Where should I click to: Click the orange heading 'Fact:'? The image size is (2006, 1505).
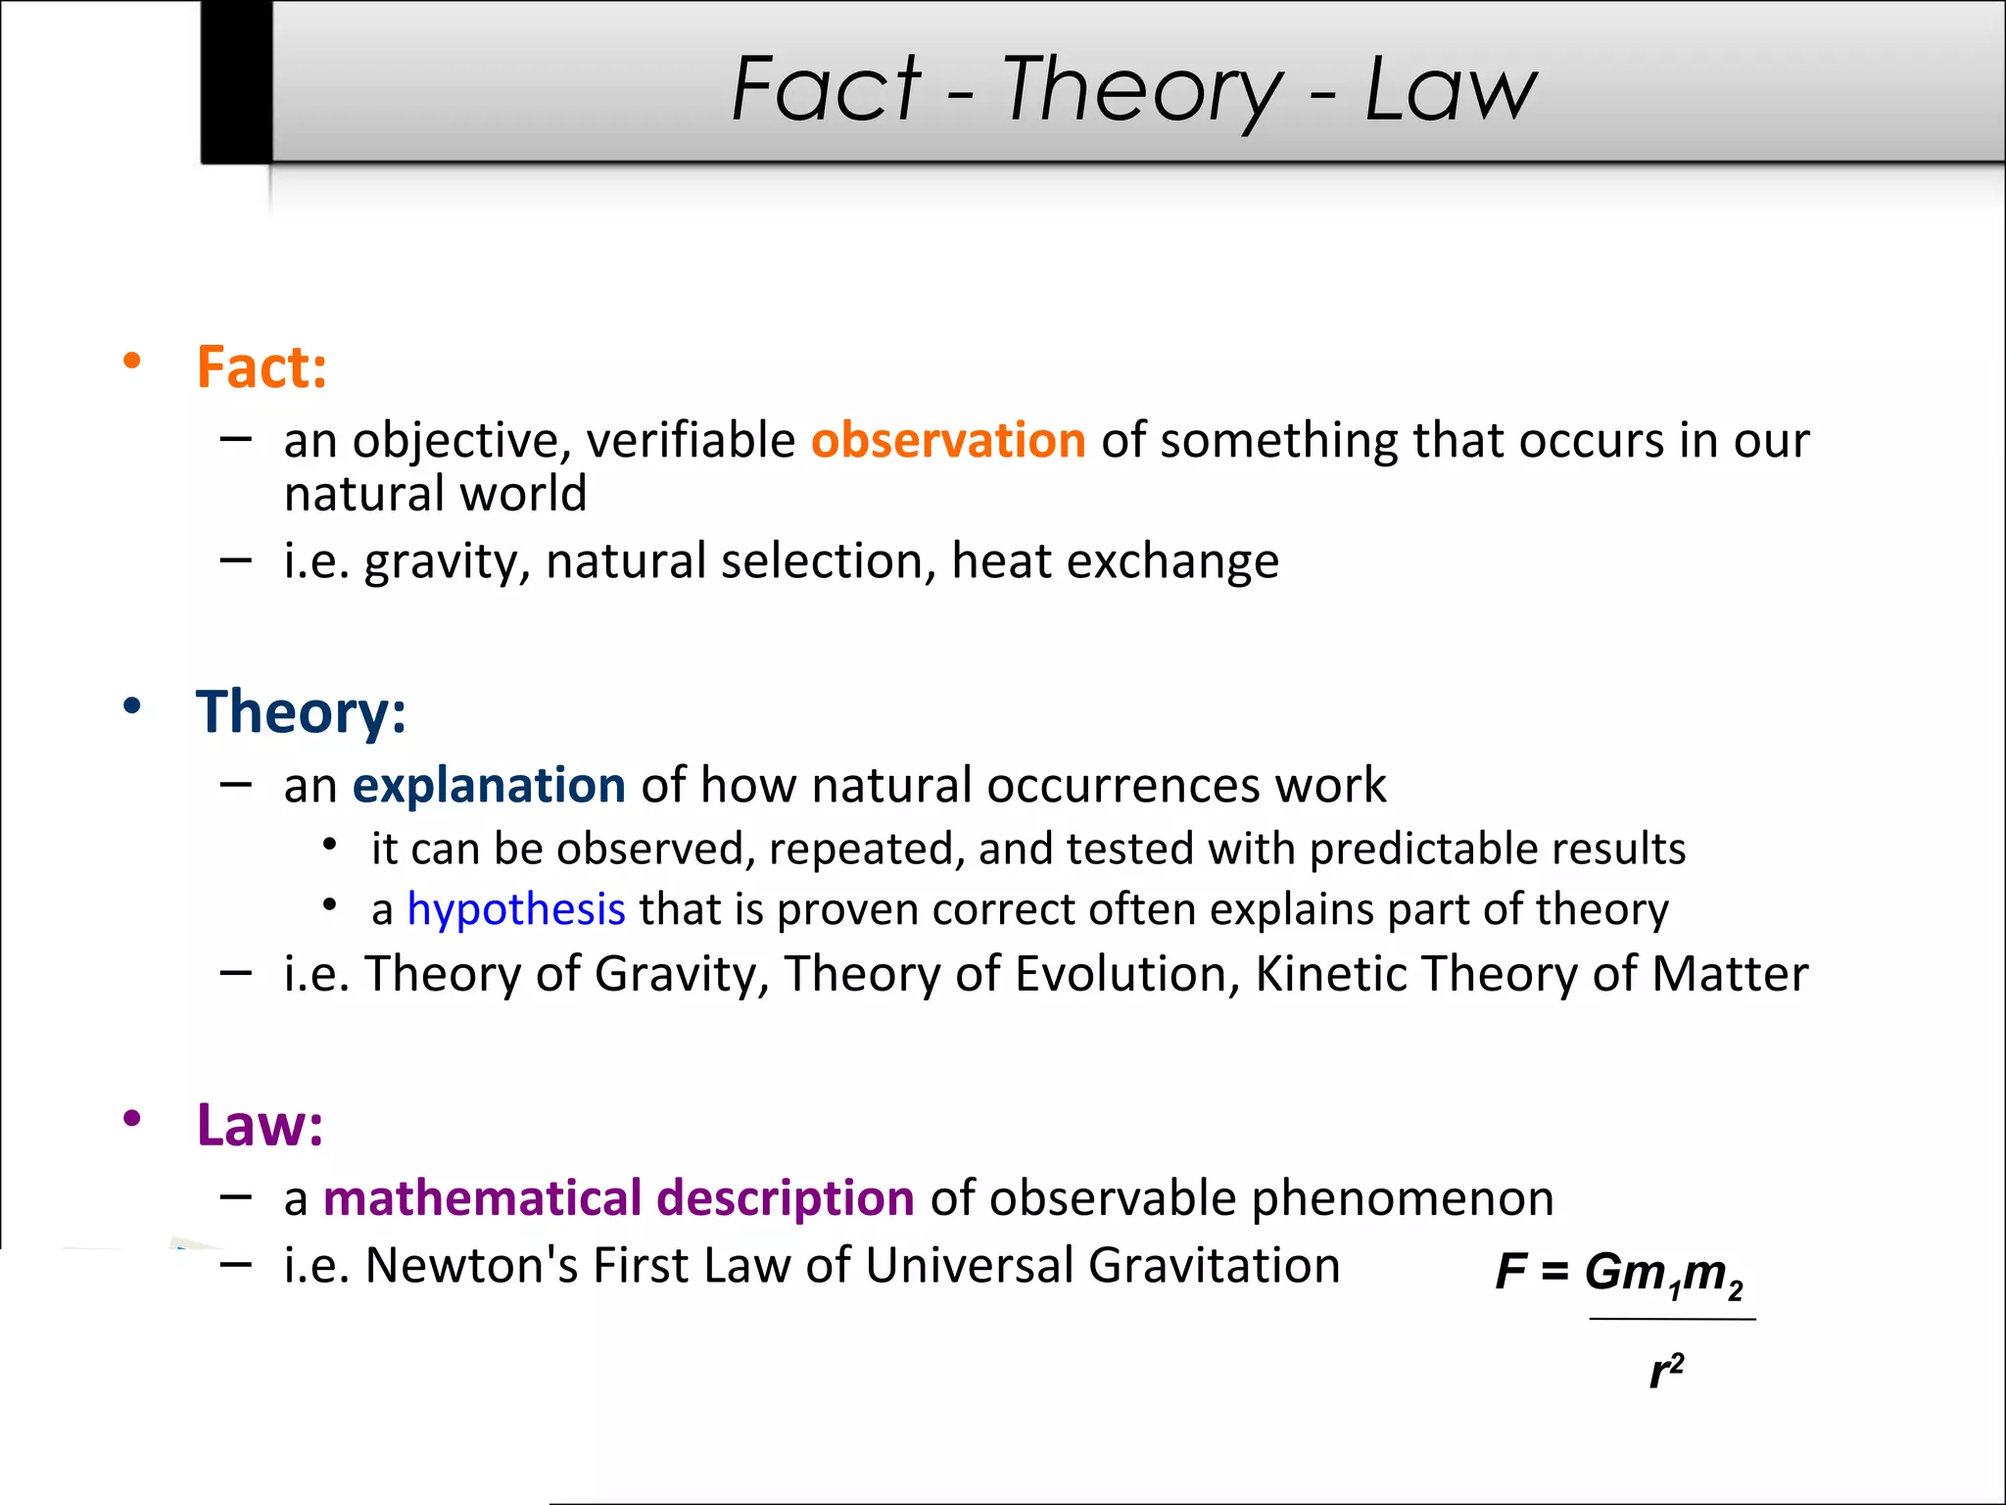pos(262,367)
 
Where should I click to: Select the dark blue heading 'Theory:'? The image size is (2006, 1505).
pos(301,711)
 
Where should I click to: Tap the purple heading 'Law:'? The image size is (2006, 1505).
pos(260,1125)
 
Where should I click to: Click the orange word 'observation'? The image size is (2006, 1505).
pos(948,440)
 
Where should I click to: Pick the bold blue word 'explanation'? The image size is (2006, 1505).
pos(489,785)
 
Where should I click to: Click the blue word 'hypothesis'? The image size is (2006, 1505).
pos(516,909)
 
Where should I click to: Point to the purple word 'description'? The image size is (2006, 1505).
pos(786,1198)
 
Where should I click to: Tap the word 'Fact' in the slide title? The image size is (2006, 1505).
pos(826,89)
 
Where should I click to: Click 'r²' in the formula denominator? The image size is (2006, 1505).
pos(1666,1371)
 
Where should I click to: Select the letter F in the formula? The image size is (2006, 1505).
pos(1510,1272)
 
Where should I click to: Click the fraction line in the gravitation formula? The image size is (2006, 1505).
pos(1672,1319)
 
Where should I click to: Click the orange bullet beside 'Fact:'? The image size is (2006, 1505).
pos(132,362)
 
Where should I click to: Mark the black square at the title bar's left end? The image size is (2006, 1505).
pos(236,81)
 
